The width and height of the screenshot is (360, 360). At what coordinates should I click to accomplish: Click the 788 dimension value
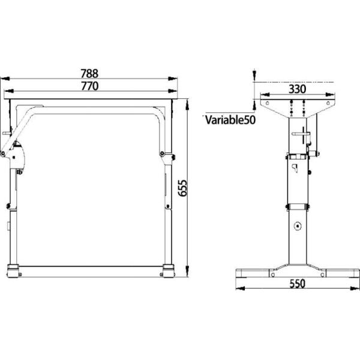click(x=89, y=74)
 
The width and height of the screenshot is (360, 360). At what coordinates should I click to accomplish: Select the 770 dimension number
click(x=89, y=86)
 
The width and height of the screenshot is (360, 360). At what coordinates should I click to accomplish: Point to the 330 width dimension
click(x=298, y=88)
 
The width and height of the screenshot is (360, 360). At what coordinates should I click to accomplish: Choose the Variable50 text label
click(x=230, y=120)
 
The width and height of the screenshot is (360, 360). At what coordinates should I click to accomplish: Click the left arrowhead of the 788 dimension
click(x=5, y=78)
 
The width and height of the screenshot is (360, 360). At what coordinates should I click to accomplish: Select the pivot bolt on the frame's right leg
click(x=163, y=155)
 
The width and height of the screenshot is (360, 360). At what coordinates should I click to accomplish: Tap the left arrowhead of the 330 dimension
click(x=260, y=94)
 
